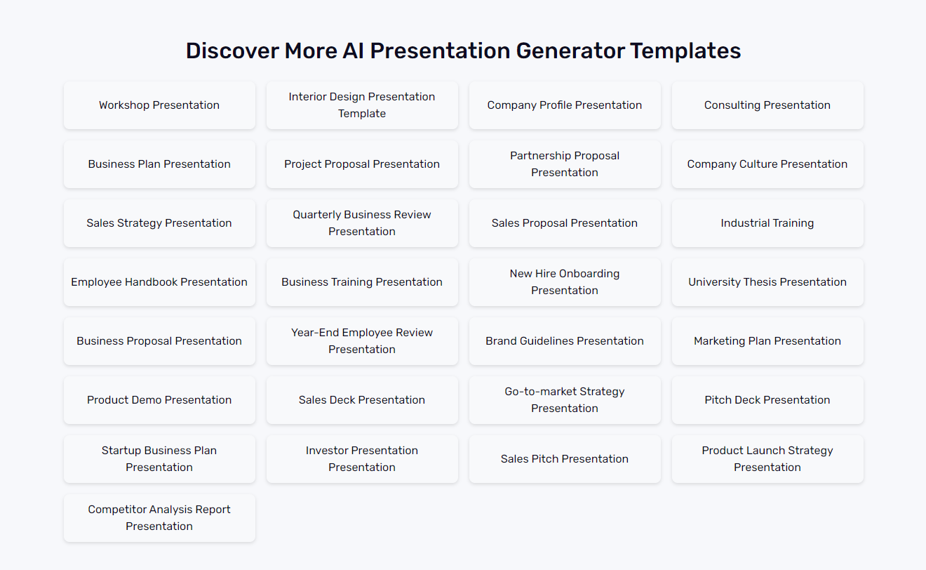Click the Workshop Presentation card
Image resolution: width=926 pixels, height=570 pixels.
(159, 105)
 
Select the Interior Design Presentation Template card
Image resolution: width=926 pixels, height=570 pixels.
(362, 105)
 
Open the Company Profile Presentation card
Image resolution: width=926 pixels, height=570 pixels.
(565, 105)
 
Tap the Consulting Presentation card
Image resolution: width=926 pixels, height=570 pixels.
(767, 105)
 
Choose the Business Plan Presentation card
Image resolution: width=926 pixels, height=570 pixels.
(159, 164)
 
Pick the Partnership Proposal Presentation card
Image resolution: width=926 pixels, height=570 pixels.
(565, 164)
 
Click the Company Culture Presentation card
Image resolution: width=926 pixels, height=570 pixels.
(767, 164)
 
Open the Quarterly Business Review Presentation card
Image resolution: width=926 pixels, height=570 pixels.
(362, 223)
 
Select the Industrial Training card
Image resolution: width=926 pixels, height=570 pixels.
(767, 223)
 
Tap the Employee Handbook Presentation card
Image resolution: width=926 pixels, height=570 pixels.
(159, 282)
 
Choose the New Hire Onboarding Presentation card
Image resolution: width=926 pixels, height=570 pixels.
(565, 282)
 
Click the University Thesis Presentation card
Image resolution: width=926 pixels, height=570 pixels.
(767, 282)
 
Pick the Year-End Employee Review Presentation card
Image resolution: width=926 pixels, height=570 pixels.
(362, 341)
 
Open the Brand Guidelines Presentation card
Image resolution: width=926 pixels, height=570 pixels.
(565, 341)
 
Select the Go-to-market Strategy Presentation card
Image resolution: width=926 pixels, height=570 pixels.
(565, 400)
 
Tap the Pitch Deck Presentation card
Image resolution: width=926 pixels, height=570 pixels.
(767, 400)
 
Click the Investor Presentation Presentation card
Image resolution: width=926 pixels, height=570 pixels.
(362, 459)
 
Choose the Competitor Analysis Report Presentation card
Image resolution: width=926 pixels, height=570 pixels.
(159, 518)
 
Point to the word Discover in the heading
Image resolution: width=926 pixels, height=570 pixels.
(231, 51)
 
